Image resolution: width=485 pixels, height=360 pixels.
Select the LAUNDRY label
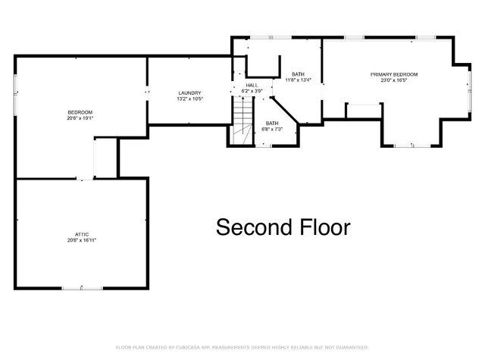[x=189, y=92]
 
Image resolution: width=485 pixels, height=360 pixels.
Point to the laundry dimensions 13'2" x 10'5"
[x=189, y=99]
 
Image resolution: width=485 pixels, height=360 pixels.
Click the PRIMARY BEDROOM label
[x=393, y=74]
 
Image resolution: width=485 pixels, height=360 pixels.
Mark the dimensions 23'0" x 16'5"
[x=393, y=80]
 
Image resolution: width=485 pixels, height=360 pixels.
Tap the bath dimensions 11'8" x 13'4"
[x=298, y=80]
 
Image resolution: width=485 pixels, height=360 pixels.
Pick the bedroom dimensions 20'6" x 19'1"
[x=80, y=118]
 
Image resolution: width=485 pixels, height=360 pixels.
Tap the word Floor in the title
[x=323, y=227]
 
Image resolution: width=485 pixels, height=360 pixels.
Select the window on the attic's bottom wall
[x=74, y=288]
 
